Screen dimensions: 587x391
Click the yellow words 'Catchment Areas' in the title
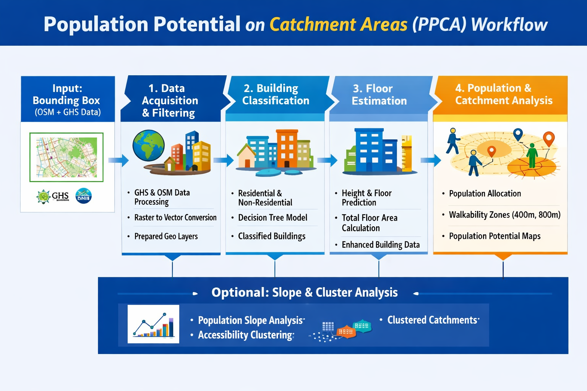pyautogui.click(x=338, y=24)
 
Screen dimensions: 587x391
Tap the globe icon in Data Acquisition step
pyautogui.click(x=149, y=145)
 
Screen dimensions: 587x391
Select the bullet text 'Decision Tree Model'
pyautogui.click(x=272, y=218)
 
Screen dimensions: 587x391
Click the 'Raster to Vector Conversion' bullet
pyautogui.click(x=175, y=217)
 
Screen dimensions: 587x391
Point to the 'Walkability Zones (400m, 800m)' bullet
pyautogui.click(x=505, y=215)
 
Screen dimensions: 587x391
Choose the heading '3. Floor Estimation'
pyautogui.click(x=379, y=95)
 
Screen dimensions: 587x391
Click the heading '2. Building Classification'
pyautogui.click(x=276, y=94)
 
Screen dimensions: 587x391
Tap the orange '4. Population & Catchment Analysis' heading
pyautogui.click(x=504, y=94)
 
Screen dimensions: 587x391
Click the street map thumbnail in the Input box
pyautogui.click(x=66, y=157)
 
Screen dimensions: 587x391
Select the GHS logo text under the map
pyautogui.click(x=60, y=196)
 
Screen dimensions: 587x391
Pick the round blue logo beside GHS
pyautogui.click(x=83, y=195)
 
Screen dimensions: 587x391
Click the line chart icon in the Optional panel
pyautogui.click(x=153, y=324)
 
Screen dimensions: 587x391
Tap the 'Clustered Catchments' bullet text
pyautogui.click(x=432, y=320)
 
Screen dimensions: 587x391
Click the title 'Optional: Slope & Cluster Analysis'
pyautogui.click(x=305, y=292)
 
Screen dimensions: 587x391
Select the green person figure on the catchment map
pyautogui.click(x=532, y=155)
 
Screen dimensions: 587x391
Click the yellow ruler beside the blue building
pyautogui.click(x=407, y=153)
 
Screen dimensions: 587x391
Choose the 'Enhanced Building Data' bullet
pyautogui.click(x=381, y=245)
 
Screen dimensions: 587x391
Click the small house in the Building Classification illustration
pyautogui.click(x=246, y=156)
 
